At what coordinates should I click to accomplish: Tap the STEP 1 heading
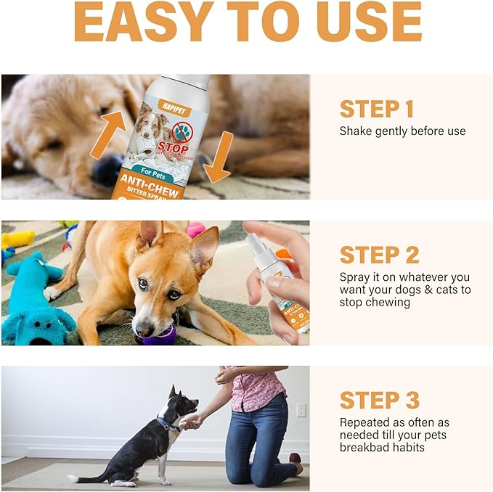(376, 109)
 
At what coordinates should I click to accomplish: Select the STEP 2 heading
(379, 255)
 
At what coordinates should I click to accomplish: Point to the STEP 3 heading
(379, 400)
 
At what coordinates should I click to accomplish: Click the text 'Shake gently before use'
(402, 131)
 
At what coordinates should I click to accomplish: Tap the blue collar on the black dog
(168, 425)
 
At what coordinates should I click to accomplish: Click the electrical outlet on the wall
(301, 410)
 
